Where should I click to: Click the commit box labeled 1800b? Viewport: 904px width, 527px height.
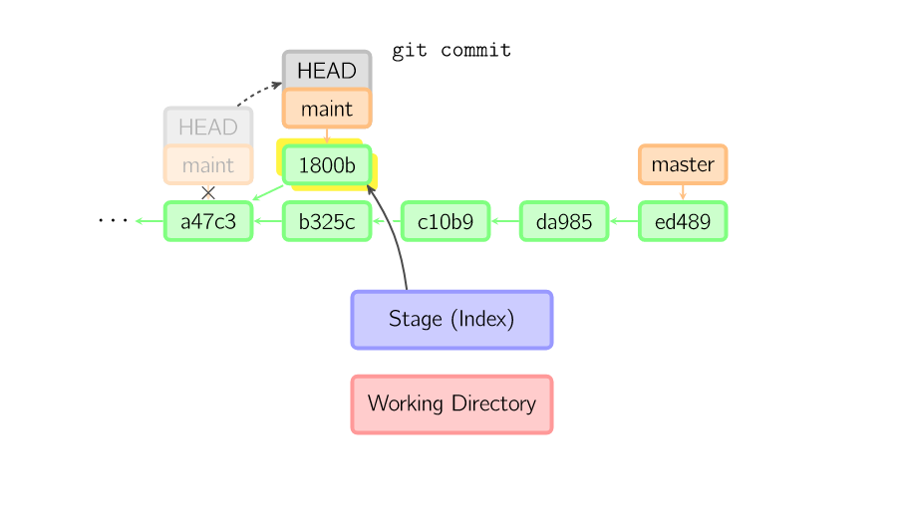(x=327, y=165)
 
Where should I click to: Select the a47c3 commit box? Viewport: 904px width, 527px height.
(x=208, y=221)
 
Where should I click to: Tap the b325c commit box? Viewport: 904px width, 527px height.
(x=327, y=221)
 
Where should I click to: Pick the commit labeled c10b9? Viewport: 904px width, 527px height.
(x=446, y=221)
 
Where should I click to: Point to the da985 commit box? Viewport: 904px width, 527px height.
(x=564, y=221)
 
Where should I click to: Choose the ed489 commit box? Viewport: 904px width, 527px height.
(x=683, y=221)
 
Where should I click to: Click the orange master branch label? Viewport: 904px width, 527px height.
(x=683, y=164)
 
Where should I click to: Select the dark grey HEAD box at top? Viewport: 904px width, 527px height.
(x=327, y=71)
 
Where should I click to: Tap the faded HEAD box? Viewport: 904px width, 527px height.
(x=208, y=128)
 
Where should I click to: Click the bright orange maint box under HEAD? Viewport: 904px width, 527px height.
(x=327, y=109)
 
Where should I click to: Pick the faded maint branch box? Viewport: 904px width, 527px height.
(x=208, y=165)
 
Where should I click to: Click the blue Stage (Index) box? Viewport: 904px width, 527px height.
(x=452, y=320)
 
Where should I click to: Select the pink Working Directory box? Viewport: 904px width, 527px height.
(x=452, y=404)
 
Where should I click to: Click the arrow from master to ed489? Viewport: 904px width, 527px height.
(x=683, y=192)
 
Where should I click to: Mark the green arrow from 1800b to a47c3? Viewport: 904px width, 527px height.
(x=266, y=193)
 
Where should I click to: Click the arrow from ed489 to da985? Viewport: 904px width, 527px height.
(x=623, y=221)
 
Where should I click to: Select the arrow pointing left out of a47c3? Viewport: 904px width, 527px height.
(x=150, y=221)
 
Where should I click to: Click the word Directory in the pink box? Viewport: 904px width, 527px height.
(x=494, y=404)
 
